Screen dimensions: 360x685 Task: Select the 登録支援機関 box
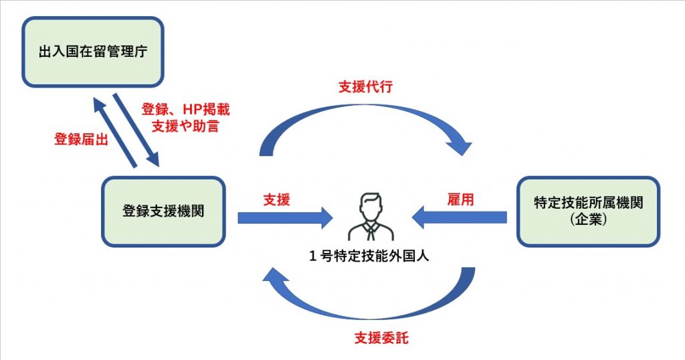point(163,211)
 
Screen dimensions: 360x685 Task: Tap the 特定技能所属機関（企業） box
point(589,211)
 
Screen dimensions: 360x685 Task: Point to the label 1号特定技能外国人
point(371,255)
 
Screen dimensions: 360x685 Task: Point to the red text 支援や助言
point(180,126)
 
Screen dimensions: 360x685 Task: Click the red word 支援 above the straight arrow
point(276,199)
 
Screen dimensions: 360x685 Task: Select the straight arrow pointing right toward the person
point(285,217)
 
